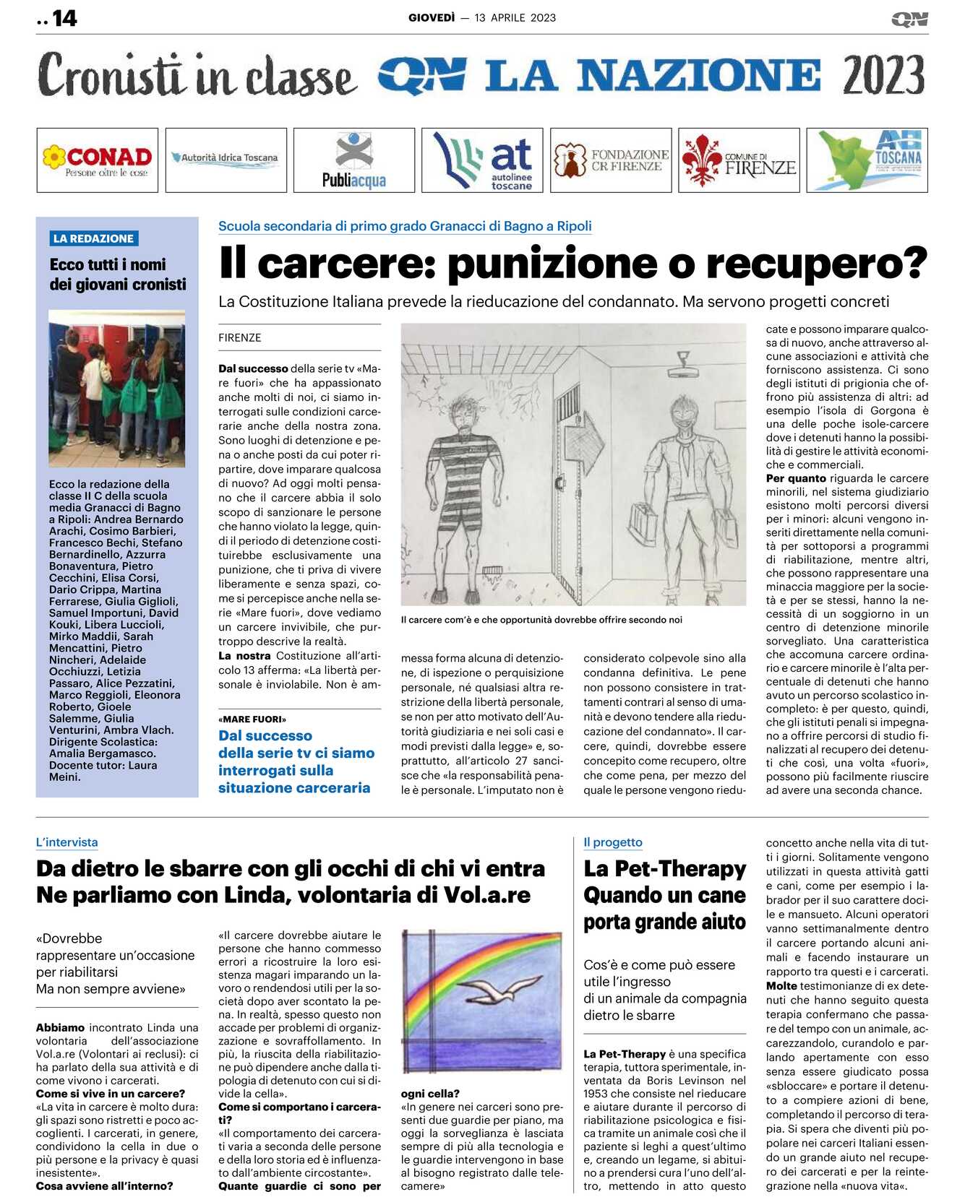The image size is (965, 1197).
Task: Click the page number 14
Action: tap(64, 18)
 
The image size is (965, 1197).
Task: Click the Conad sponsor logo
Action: tap(98, 160)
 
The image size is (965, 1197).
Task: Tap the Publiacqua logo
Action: tap(354, 160)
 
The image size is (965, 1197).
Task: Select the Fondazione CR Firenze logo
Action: tap(611, 160)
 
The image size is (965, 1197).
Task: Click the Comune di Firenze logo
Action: tap(739, 160)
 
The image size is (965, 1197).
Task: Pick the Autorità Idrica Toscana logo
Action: tap(226, 157)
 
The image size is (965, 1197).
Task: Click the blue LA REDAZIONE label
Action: tap(93, 238)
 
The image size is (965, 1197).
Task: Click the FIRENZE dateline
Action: tap(239, 337)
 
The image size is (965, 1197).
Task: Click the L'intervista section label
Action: tap(67, 842)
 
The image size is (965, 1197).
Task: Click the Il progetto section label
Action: tap(612, 842)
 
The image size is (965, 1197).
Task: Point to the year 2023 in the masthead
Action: tap(883, 75)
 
